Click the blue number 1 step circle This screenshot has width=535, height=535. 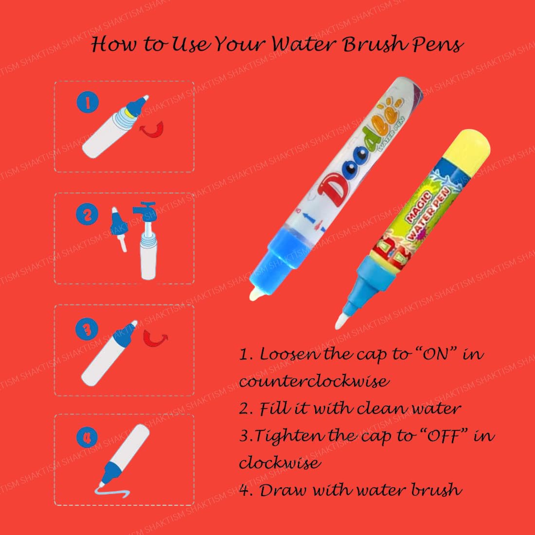click(x=88, y=103)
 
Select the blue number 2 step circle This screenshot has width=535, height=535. click(x=88, y=214)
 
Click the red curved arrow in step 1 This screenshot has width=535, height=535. click(x=151, y=129)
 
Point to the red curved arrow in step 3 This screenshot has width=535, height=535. click(x=156, y=337)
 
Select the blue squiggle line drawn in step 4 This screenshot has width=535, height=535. click(x=113, y=492)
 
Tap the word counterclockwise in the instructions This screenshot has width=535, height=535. click(x=314, y=381)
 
